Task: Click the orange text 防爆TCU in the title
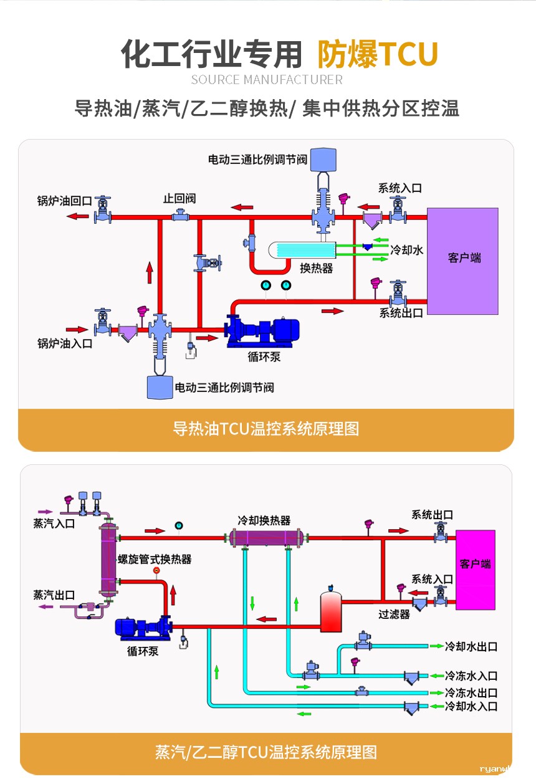click(x=378, y=54)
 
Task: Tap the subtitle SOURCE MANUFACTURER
click(x=267, y=80)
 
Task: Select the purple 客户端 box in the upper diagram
click(x=463, y=260)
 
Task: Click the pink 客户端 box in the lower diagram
click(x=476, y=569)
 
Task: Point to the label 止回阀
click(x=179, y=198)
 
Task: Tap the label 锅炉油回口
click(x=64, y=201)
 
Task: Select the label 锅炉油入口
click(x=64, y=343)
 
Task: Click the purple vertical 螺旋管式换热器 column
click(x=108, y=559)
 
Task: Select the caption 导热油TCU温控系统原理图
click(x=266, y=429)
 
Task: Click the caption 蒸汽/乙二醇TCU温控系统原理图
click(x=266, y=752)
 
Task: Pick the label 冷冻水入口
click(x=471, y=676)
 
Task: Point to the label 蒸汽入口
click(x=54, y=523)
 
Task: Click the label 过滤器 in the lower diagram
click(x=394, y=614)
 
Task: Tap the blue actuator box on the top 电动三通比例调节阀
click(x=323, y=159)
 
